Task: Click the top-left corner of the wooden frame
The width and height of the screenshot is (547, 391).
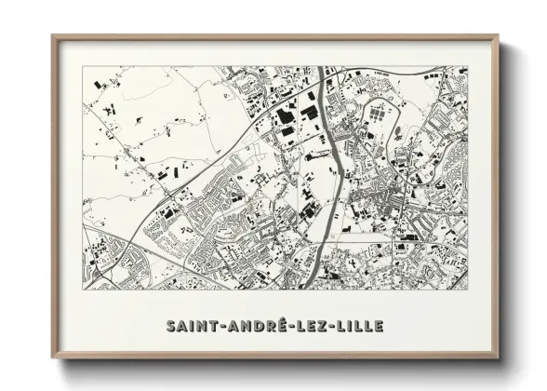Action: pyautogui.click(x=53, y=36)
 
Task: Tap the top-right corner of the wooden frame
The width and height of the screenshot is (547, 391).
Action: pyautogui.click(x=498, y=36)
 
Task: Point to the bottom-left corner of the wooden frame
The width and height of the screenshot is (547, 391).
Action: pyautogui.click(x=53, y=358)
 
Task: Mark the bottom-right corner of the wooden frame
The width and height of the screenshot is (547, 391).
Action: pyautogui.click(x=498, y=358)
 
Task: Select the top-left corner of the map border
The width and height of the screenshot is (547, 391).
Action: pyautogui.click(x=83, y=68)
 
